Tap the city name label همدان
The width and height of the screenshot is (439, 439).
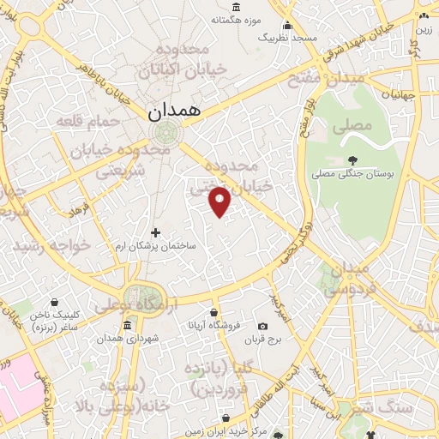point(173,111)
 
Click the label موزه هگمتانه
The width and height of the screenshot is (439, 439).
point(232,20)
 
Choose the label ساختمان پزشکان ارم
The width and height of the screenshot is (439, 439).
point(155,245)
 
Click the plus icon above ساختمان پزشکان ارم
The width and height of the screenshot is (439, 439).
point(155,232)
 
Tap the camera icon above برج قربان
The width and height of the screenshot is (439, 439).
point(262,326)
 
